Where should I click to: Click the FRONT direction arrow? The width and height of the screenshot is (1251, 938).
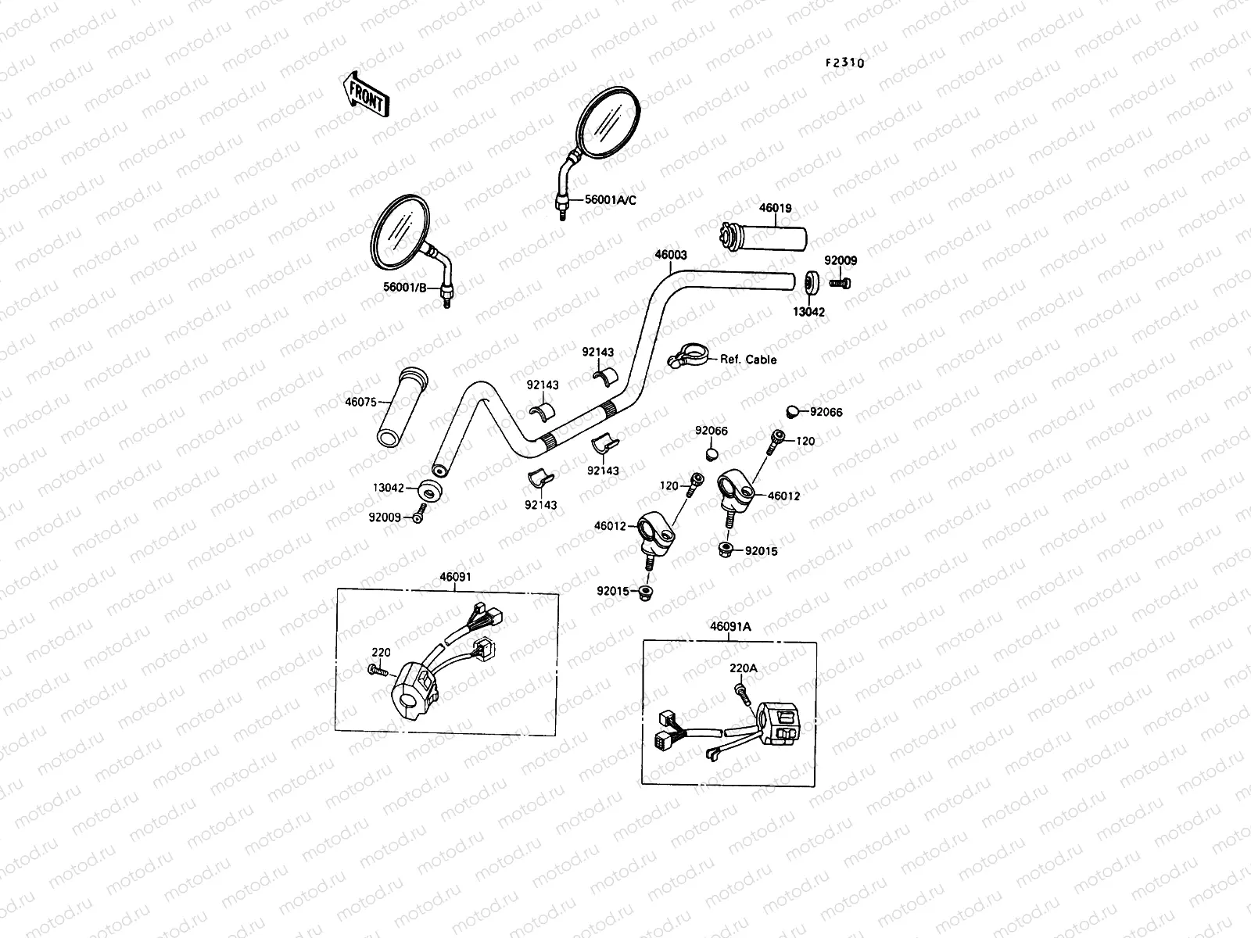364,93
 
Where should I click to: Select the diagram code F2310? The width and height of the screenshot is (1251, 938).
842,63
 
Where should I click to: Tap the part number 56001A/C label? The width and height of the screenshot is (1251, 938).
611,200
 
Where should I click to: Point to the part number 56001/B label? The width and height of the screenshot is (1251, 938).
404,288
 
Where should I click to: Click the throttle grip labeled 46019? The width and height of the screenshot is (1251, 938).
762,236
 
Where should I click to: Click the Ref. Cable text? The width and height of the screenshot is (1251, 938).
748,360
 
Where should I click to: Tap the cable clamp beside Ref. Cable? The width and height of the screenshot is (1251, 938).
686,358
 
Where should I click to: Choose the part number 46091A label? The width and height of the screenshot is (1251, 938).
730,626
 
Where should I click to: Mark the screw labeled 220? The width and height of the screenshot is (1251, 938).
375,669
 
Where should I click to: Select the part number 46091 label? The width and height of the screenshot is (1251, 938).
455,577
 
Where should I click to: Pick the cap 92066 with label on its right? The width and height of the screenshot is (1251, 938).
791,412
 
